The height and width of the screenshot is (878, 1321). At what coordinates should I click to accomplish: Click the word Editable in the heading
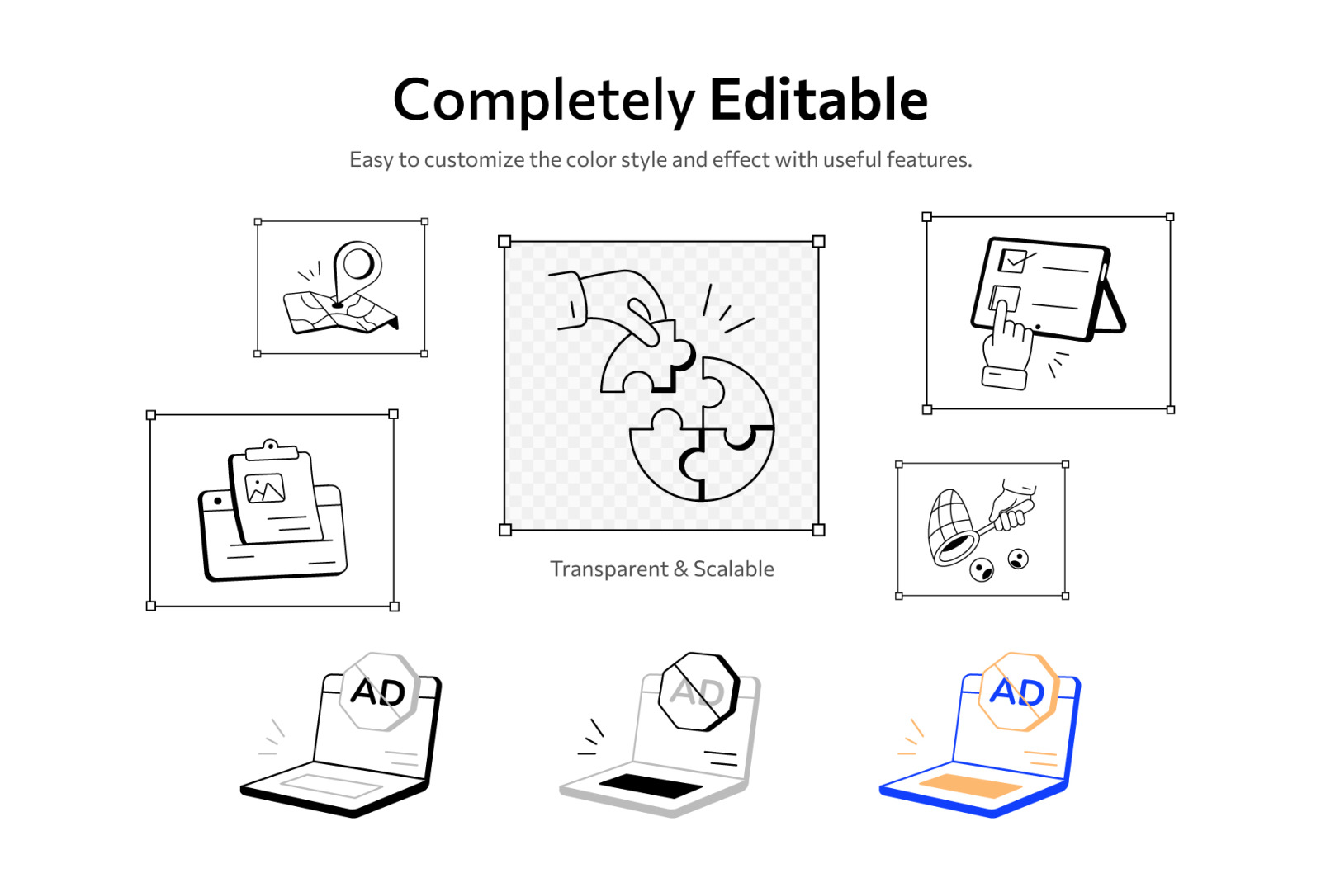click(x=818, y=100)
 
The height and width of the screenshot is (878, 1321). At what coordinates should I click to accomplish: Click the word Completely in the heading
click(x=543, y=102)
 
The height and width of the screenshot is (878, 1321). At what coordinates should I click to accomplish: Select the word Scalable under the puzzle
click(x=733, y=569)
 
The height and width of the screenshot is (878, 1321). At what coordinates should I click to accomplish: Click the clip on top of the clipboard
click(x=272, y=451)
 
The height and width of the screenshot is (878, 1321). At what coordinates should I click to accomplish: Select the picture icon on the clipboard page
click(x=265, y=488)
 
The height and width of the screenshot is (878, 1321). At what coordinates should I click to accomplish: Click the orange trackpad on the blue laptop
click(x=970, y=786)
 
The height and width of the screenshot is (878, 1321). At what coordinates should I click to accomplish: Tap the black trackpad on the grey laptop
click(x=651, y=786)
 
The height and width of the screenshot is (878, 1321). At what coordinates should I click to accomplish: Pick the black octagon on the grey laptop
click(x=698, y=692)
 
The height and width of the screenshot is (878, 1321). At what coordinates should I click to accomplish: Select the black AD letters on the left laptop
click(x=378, y=692)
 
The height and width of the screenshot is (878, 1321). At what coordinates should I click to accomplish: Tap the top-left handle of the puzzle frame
click(x=504, y=241)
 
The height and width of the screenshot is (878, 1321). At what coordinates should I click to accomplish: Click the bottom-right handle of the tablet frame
click(x=1171, y=409)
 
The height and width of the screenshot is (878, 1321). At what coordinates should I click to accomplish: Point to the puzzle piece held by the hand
click(x=647, y=358)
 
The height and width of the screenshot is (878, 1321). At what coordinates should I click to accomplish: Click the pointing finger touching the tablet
click(x=1001, y=323)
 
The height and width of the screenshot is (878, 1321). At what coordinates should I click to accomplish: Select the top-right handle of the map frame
click(x=424, y=221)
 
